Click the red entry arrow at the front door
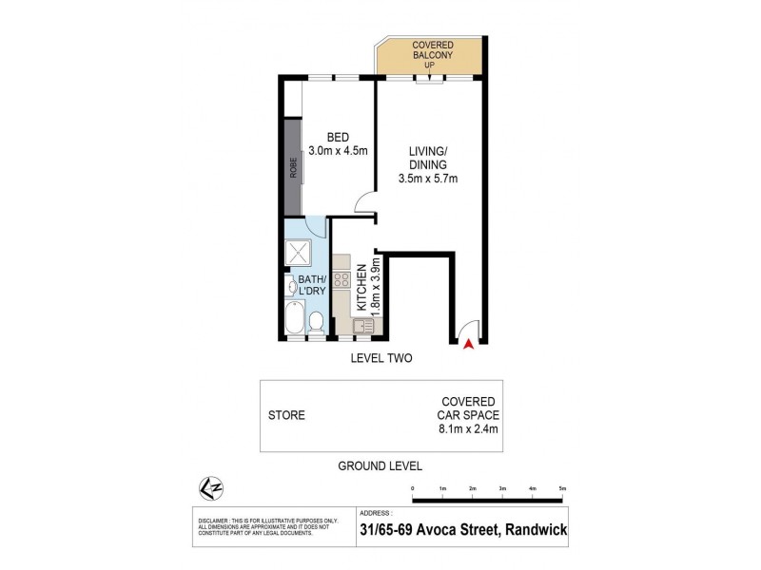click(x=466, y=345)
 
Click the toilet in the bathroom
click(x=316, y=323)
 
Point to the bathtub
click(x=293, y=316)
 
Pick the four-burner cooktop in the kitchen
click(x=341, y=280)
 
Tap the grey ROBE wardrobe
click(x=293, y=168)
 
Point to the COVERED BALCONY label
click(x=432, y=51)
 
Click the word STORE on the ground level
click(x=286, y=415)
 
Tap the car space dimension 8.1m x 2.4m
click(x=468, y=429)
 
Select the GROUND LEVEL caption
click(x=380, y=465)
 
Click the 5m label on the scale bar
click(x=562, y=489)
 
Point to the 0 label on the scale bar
click(x=413, y=489)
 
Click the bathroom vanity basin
click(x=289, y=285)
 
